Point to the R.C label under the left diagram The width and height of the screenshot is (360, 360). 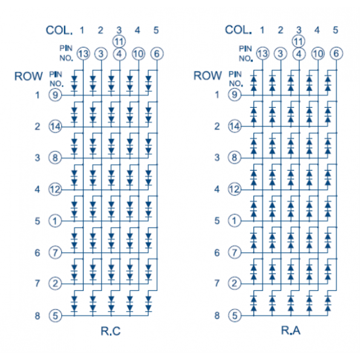click(x=111, y=331)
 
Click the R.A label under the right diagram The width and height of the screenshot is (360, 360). click(x=290, y=330)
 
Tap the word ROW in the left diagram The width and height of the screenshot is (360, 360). click(x=28, y=76)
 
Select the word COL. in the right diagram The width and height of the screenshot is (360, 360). click(x=238, y=30)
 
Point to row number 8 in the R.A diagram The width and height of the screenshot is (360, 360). click(x=217, y=316)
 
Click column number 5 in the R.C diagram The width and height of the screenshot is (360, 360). click(x=156, y=30)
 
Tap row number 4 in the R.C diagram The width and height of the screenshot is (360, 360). click(x=37, y=189)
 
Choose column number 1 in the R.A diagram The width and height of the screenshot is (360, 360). click(x=262, y=30)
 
